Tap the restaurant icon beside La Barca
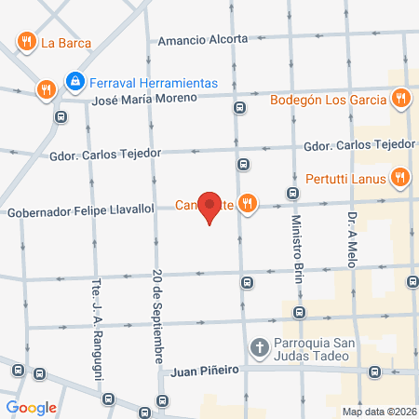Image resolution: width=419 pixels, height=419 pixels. tap(25, 41)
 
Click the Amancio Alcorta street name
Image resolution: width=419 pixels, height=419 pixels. tap(203, 40)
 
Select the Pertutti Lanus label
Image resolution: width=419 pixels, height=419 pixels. tap(346, 175)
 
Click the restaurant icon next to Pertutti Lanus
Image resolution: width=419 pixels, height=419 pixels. tap(400, 175)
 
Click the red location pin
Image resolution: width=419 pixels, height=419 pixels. tap(211, 207)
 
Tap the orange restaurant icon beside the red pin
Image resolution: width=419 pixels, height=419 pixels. tap(247, 204)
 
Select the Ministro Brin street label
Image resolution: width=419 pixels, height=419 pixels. tap(297, 244)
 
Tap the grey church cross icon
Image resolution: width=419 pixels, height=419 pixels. tap(259, 349)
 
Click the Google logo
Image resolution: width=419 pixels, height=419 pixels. tap(32, 407)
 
